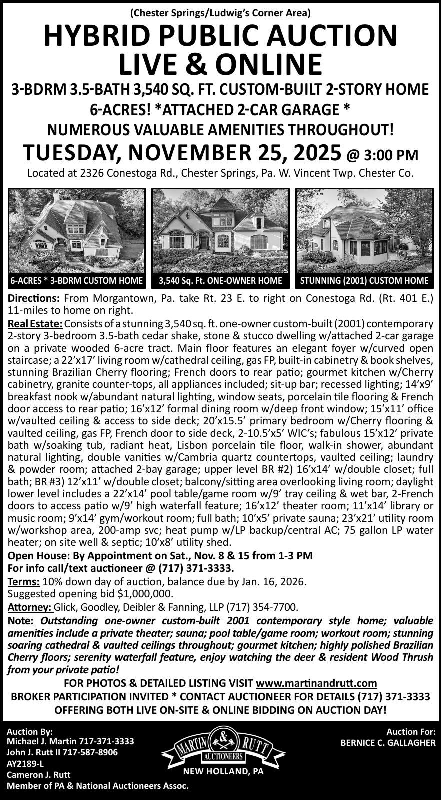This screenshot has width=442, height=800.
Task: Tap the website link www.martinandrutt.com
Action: (x=316, y=683)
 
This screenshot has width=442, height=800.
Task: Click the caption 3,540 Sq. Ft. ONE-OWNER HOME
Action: (x=220, y=281)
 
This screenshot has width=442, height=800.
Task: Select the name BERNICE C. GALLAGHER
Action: (x=388, y=743)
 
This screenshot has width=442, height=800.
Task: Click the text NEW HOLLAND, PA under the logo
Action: (x=223, y=771)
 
